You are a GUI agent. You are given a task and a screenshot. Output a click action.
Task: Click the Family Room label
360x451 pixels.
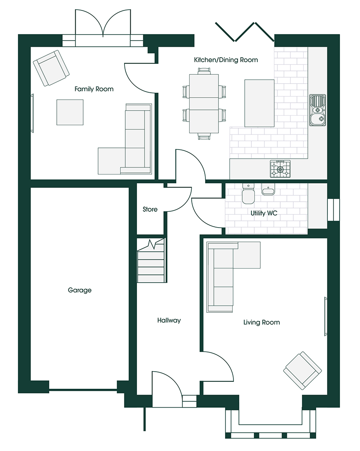pyautogui.click(x=94, y=89)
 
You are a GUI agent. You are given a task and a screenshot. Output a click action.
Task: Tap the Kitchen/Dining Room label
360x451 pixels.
pyautogui.click(x=226, y=60)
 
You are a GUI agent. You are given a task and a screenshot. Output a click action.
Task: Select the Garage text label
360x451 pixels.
pyautogui.click(x=80, y=290)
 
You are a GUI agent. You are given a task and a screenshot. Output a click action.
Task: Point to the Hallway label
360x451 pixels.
pyautogui.click(x=169, y=320)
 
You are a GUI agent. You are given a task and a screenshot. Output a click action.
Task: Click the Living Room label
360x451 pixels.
pyautogui.click(x=261, y=322)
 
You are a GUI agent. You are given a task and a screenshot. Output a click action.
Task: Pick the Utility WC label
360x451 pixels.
pyautogui.click(x=264, y=213)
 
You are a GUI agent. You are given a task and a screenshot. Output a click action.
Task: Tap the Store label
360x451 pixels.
pyautogui.click(x=150, y=209)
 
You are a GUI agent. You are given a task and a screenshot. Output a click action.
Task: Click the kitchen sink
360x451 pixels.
pyautogui.click(x=318, y=110)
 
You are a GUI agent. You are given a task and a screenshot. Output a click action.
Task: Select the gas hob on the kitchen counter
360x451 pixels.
pyautogui.click(x=280, y=169)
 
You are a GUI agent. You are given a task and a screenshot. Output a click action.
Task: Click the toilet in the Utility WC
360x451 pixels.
pyautogui.click(x=248, y=194)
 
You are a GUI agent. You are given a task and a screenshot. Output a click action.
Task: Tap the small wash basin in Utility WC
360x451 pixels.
pyautogui.click(x=268, y=189)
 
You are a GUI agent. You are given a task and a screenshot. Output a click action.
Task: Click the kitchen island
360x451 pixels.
pyautogui.click(x=259, y=103)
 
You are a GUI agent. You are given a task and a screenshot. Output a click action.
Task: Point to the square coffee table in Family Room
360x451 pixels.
pyautogui.click(x=70, y=112)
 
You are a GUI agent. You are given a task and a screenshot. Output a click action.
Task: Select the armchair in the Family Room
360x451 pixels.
pyautogui.click(x=51, y=68)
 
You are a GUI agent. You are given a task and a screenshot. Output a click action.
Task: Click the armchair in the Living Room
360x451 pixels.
pyautogui.click(x=302, y=370)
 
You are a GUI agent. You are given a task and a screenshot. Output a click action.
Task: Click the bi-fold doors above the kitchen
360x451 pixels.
pyautogui.click(x=245, y=32)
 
